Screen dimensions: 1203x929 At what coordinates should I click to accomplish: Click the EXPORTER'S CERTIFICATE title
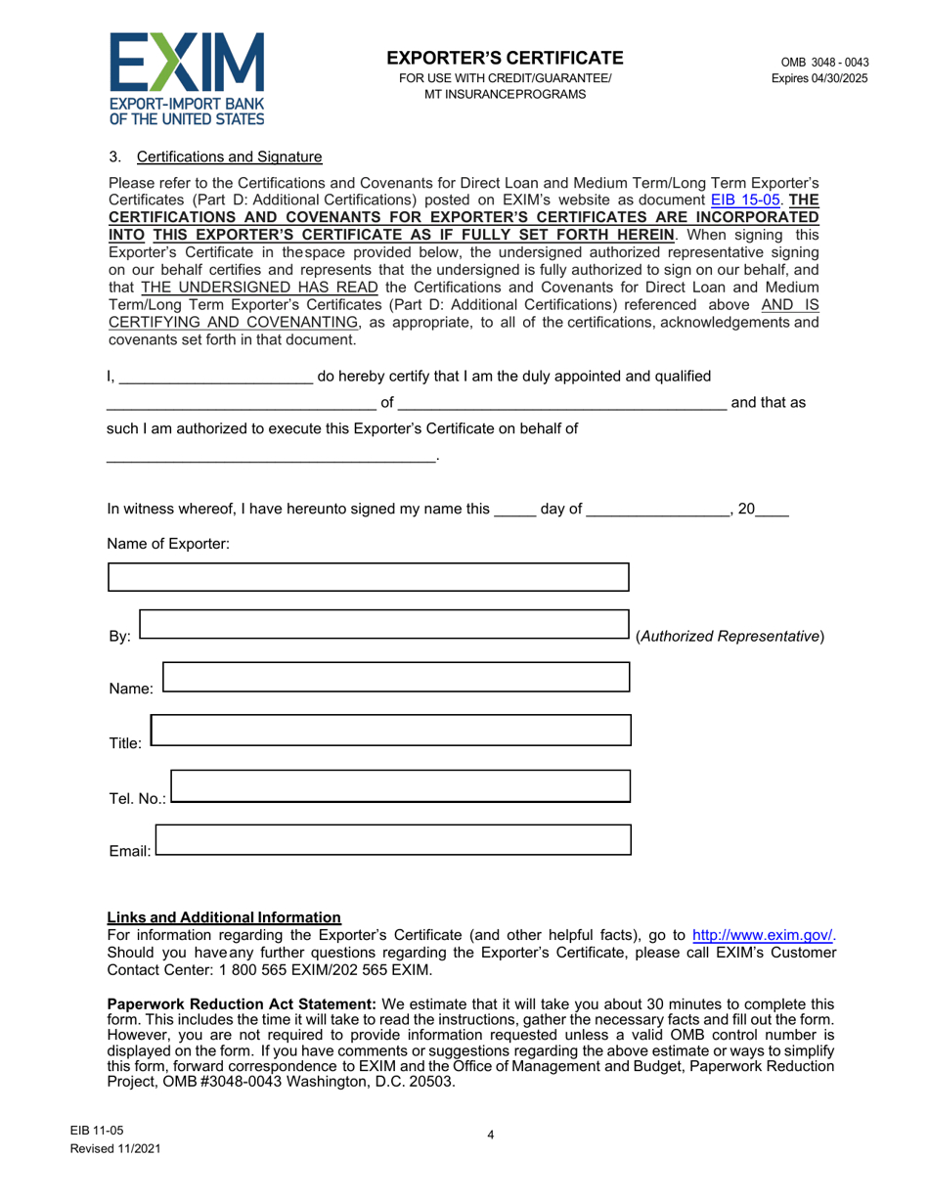[x=505, y=58]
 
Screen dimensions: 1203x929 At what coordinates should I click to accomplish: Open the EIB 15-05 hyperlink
[x=742, y=197]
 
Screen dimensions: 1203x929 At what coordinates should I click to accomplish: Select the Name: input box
[x=396, y=677]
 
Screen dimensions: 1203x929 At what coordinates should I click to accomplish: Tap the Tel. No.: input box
[x=401, y=785]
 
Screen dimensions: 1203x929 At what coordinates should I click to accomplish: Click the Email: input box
[x=393, y=839]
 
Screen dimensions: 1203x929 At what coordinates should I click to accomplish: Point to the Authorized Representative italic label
[x=730, y=637]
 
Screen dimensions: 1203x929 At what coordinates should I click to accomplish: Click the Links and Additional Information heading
[x=224, y=917]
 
